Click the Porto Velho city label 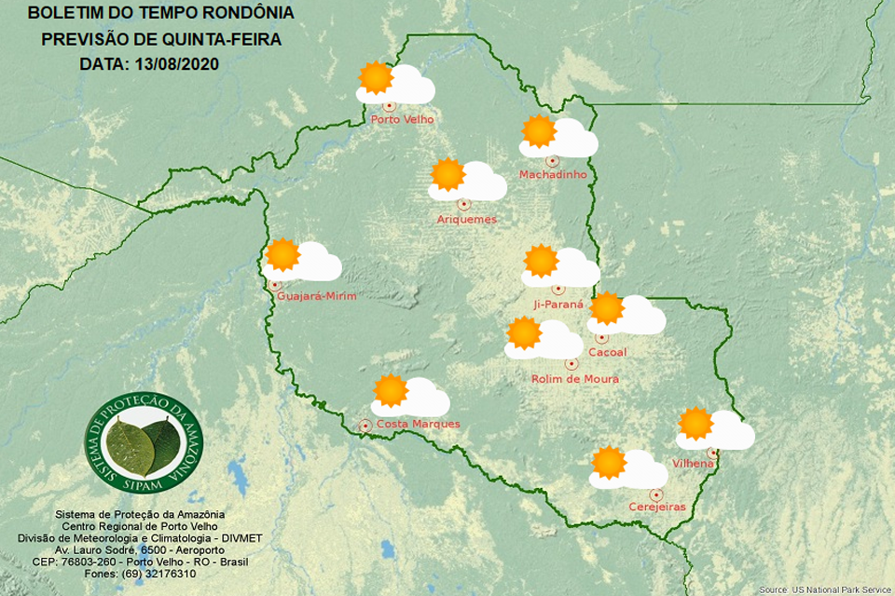[402, 119]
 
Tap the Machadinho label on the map [553, 175]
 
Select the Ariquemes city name [467, 220]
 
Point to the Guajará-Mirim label [317, 296]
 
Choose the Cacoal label [608, 352]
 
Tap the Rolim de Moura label [575, 379]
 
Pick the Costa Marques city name [418, 425]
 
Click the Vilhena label [693, 464]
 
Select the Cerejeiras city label [657, 507]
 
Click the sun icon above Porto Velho [376, 78]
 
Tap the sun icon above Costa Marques [390, 391]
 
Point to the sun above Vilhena [695, 424]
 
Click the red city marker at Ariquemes [463, 204]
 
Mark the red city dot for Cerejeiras [656, 494]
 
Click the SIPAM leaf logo [143, 443]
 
